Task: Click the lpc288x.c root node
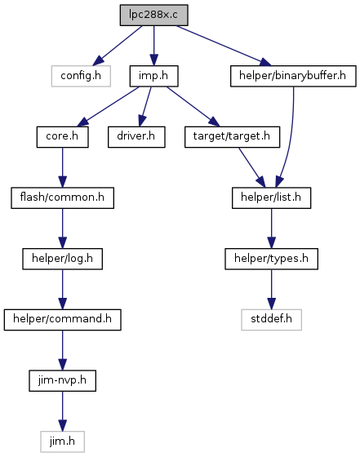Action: coord(154,15)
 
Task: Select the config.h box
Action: coord(81,76)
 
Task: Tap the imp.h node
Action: coord(154,76)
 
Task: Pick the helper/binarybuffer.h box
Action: coord(293,76)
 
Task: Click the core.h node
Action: coord(62,137)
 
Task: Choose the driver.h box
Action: coord(136,137)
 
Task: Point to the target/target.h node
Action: coord(233,137)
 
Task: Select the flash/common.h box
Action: coord(62,197)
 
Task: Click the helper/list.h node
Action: coord(271,197)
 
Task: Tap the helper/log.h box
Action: coord(62,259)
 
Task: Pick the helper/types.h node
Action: coord(271,259)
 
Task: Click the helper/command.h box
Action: coord(62,320)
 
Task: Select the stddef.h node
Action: coord(271,320)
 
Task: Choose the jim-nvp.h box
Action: coord(62,380)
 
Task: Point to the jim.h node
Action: coord(62,441)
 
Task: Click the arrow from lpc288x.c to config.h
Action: coord(118,46)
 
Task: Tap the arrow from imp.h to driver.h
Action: coord(145,107)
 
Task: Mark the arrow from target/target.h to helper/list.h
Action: coord(252,167)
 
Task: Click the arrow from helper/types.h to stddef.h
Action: coord(271,290)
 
